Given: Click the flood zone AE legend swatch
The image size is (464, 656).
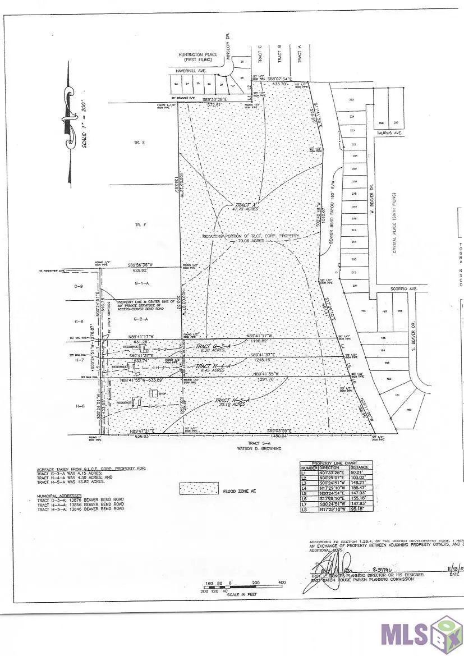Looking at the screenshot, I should coord(199,488).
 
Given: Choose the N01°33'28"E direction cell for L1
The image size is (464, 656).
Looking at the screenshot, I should coord(335,472).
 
